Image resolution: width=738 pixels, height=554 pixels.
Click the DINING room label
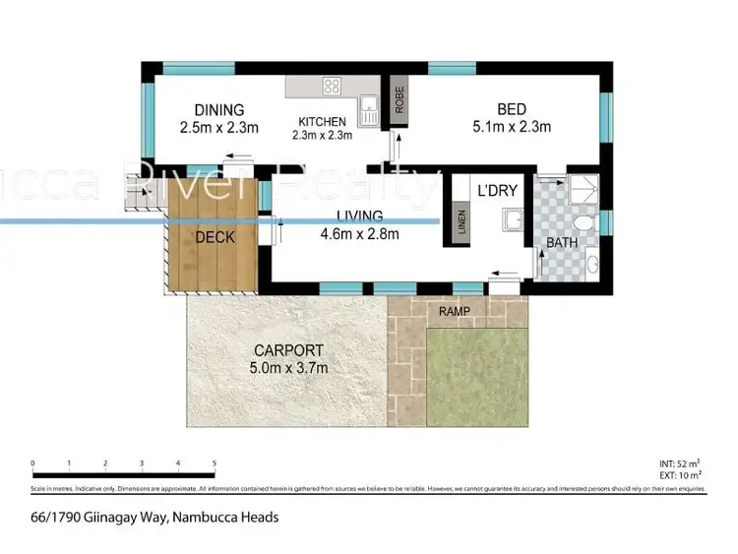[x=218, y=109]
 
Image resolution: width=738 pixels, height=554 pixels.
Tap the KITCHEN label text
[x=324, y=123]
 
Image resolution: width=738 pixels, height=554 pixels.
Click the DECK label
[x=214, y=236]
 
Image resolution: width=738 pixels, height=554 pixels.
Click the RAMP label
[x=455, y=312]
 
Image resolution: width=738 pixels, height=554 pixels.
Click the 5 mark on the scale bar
[x=214, y=462]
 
